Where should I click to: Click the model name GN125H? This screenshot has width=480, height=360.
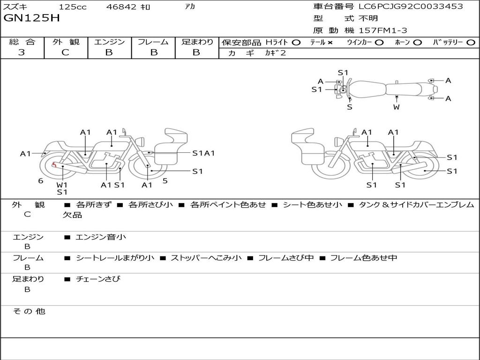[31, 18]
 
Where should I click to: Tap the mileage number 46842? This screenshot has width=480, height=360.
[121, 7]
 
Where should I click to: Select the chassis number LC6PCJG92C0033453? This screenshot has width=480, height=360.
[411, 6]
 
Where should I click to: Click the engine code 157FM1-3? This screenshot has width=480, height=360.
[383, 30]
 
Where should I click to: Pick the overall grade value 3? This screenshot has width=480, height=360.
[22, 52]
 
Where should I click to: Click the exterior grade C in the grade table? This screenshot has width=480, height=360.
[65, 52]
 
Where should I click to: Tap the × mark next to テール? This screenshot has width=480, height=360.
[330, 43]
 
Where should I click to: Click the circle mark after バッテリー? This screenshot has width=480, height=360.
[471, 43]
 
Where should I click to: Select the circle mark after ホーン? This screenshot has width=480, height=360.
[418, 43]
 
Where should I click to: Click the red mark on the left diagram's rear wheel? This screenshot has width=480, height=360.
[54, 165]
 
